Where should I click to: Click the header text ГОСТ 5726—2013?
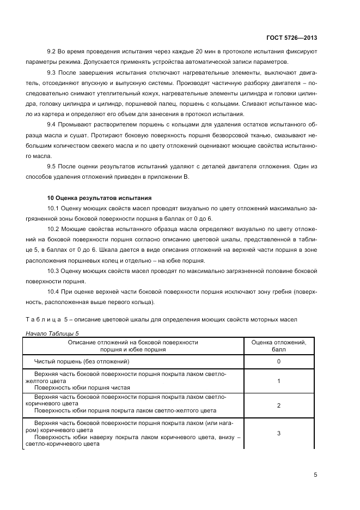[x=292, y=38]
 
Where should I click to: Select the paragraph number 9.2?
[x=52, y=51]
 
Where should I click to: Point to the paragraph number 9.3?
[x=52, y=72]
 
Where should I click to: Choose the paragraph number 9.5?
[x=52, y=166]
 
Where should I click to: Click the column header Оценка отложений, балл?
[x=278, y=346]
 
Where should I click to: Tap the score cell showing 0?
[x=278, y=361]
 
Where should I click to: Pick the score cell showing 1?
[x=278, y=381]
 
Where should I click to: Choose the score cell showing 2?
[x=278, y=406]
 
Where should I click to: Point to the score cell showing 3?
[x=278, y=433]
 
